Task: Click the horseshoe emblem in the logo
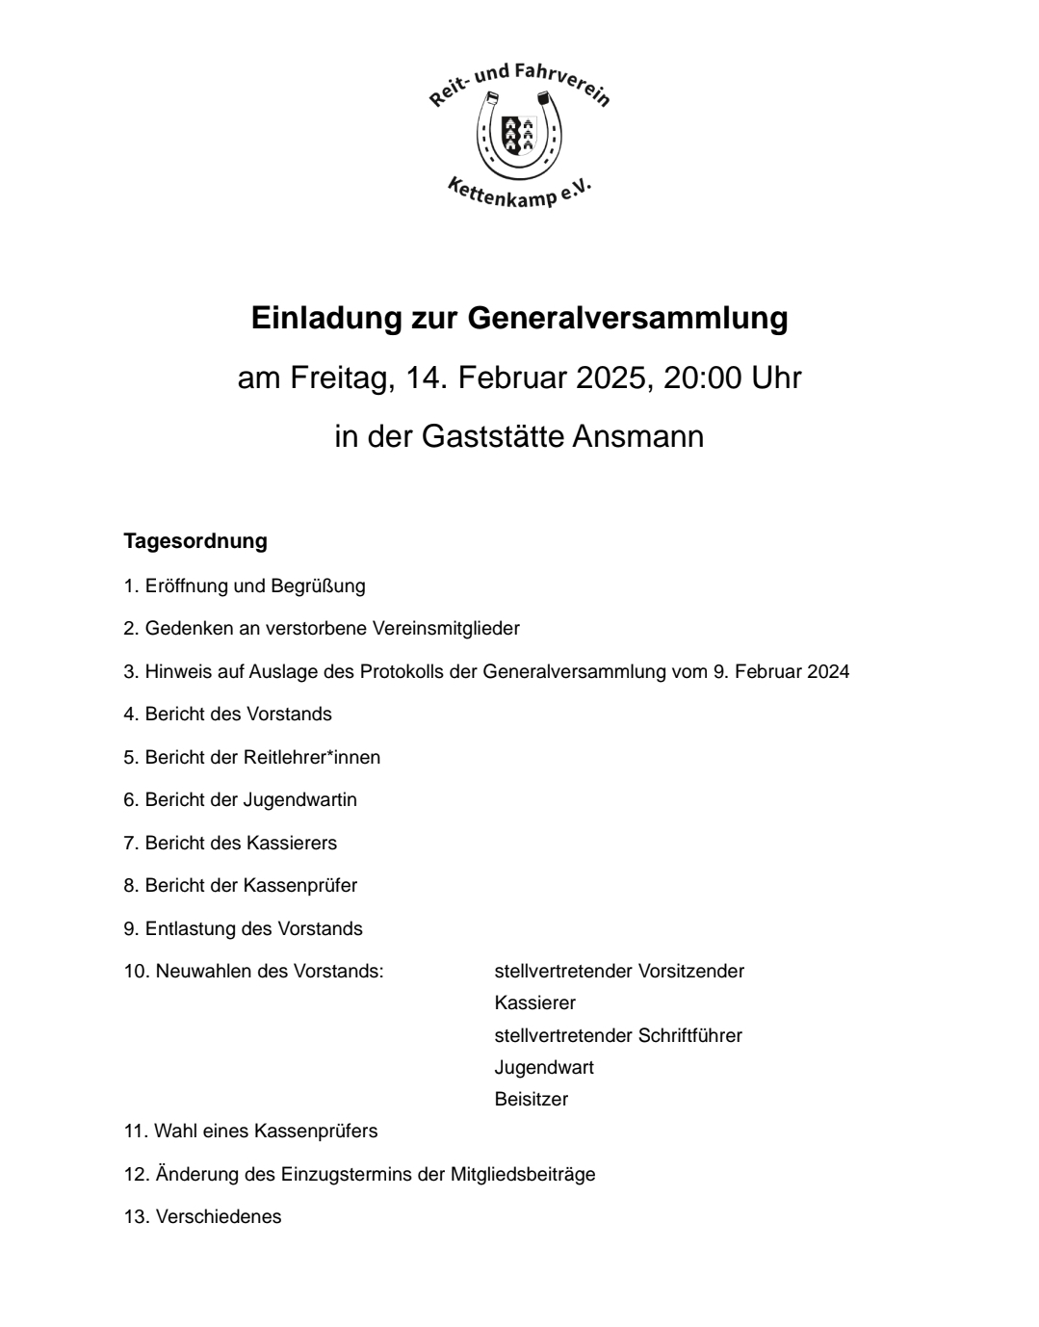[x=519, y=135]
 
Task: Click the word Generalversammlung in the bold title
[x=628, y=318]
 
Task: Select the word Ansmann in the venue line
[x=637, y=436]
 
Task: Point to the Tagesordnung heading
[x=195, y=541]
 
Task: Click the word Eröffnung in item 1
[x=187, y=585]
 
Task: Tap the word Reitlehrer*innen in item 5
[x=312, y=758]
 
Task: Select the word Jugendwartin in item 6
[x=300, y=800]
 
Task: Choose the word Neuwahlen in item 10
[x=195, y=972]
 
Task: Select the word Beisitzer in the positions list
[x=532, y=1100]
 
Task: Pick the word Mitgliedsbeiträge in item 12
[x=523, y=1175]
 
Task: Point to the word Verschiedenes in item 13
[x=219, y=1217]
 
